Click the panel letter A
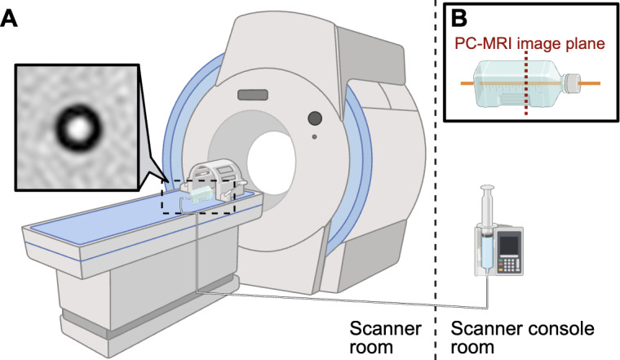tap(9, 18)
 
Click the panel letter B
tap(459, 19)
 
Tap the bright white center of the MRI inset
tap(78, 127)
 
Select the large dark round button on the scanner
tap(315, 118)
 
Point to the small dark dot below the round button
tap(314, 137)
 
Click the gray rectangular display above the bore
tap(253, 95)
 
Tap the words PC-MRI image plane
tap(529, 43)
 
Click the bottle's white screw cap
tap(570, 83)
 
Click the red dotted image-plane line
tap(525, 83)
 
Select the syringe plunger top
tap(487, 186)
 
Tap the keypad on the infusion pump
tap(509, 264)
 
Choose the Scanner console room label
tap(522, 338)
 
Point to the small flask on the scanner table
tap(201, 195)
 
